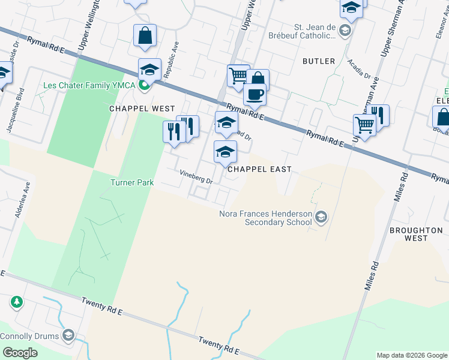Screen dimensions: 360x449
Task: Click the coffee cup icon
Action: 255,94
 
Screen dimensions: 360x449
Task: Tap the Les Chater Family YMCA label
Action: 90,85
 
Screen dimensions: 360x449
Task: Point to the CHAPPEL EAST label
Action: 259,170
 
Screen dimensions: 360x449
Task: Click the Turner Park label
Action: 131,182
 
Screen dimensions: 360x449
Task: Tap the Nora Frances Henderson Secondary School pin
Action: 321,217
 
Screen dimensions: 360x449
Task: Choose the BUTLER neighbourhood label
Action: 318,61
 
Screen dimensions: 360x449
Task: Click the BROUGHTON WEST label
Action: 417,234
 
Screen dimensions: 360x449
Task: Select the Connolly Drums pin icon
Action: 68,335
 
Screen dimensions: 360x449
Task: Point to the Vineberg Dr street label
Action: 197,176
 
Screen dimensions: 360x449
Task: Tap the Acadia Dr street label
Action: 360,68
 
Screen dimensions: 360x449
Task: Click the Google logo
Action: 20,353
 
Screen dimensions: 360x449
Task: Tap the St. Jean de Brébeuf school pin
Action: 345,31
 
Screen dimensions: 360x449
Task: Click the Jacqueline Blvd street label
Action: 12,110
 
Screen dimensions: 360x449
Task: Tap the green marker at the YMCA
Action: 144,85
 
